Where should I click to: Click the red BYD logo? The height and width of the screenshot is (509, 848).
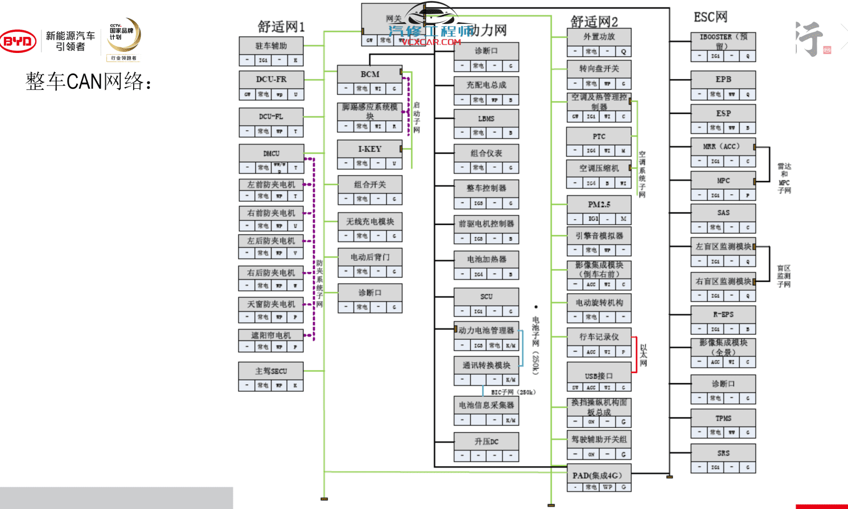[18, 41]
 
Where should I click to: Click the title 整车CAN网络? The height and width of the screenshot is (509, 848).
[89, 81]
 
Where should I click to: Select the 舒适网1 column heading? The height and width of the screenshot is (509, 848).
[281, 26]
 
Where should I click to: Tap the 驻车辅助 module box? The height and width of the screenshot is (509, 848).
[271, 46]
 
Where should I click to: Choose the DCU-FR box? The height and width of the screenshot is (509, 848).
[271, 79]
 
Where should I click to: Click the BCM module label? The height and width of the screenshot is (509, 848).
[369, 74]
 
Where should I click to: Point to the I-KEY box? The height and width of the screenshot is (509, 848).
[369, 149]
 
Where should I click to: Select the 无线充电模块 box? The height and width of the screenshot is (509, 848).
[369, 221]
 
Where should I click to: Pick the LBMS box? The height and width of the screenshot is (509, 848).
[486, 118]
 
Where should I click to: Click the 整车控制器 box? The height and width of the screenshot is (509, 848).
[486, 188]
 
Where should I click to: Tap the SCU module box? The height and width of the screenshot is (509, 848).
[486, 296]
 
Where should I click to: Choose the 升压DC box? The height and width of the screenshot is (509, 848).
[486, 441]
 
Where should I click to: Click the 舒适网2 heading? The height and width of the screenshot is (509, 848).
[594, 22]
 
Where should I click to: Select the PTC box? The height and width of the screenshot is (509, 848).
[599, 136]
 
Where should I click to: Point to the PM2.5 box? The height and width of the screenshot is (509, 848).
[599, 204]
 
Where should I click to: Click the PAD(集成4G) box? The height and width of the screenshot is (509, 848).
[599, 475]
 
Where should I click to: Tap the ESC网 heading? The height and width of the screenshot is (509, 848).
[710, 17]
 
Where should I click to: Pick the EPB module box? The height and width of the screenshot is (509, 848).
[723, 79]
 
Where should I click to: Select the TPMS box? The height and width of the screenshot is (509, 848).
[723, 418]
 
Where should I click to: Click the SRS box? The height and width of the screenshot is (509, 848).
[723, 453]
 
